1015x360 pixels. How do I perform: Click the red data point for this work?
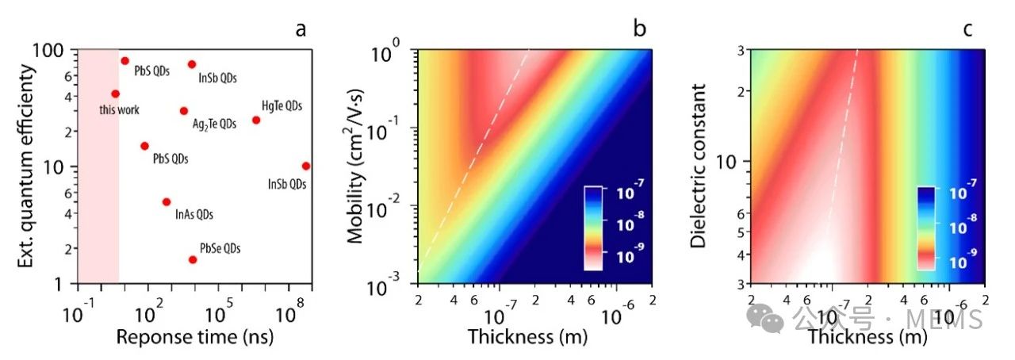(115, 94)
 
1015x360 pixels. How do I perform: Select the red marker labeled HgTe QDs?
(256, 120)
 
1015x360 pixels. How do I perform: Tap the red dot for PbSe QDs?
(193, 259)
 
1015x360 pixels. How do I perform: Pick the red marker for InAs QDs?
(167, 201)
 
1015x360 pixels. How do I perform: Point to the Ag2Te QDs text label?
(215, 124)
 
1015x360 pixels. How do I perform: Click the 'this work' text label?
(119, 109)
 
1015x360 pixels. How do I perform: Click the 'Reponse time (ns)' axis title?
(195, 336)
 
